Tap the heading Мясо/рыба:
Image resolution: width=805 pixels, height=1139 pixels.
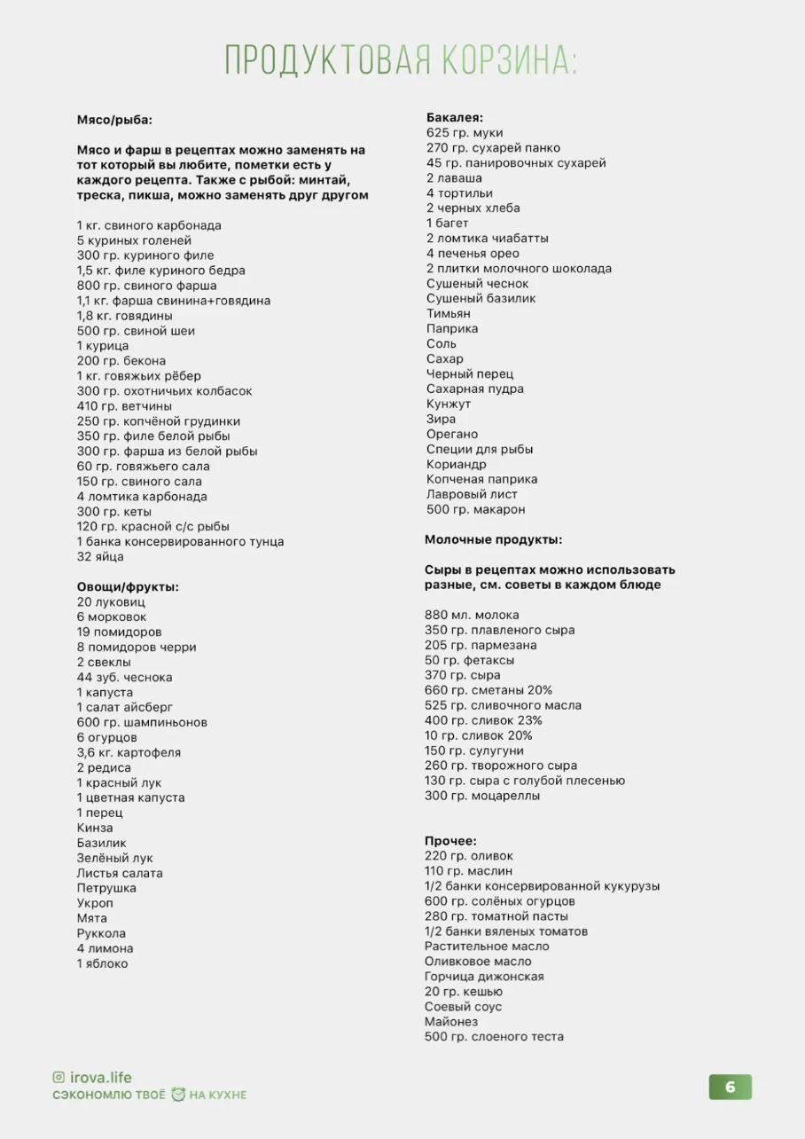[x=114, y=120]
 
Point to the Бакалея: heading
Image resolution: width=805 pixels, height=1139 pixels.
[x=454, y=117]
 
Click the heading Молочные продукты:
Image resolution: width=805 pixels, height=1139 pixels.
[x=493, y=539]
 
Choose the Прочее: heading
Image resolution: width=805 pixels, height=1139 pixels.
[x=450, y=840]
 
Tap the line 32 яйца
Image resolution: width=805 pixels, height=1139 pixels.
[x=100, y=556]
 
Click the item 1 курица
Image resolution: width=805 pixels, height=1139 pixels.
[x=103, y=345]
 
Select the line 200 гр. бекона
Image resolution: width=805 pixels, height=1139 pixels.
[x=121, y=360]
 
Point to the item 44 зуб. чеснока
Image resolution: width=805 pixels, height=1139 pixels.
[x=125, y=677]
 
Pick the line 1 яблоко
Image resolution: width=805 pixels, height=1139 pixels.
[x=103, y=963]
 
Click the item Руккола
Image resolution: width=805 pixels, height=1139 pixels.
[x=101, y=933]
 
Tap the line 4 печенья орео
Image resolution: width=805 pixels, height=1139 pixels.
[x=473, y=253]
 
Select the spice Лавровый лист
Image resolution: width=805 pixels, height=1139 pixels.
[x=472, y=494]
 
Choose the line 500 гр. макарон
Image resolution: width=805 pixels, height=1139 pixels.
[x=475, y=509]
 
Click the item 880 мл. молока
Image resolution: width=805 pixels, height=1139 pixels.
[x=472, y=615]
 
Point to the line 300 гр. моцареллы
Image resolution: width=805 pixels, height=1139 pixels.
[x=482, y=796]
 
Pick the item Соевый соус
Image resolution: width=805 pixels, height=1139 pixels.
[x=463, y=1007]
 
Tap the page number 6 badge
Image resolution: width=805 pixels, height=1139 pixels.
[x=730, y=1088]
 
